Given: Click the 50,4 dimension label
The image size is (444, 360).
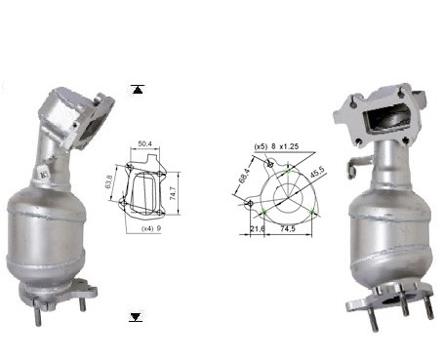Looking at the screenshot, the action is [145, 143].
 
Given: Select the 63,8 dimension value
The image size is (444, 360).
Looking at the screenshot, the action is [109, 182].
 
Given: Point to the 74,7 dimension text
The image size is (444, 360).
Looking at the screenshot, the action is [173, 193].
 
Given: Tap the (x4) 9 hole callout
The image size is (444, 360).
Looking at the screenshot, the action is [151, 228].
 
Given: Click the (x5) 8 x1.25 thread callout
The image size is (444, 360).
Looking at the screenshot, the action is [276, 146].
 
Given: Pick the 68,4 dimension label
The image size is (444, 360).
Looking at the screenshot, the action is [245, 176].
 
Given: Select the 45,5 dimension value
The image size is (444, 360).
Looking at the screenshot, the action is [316, 172].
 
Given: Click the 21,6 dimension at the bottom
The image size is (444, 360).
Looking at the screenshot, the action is [258, 228].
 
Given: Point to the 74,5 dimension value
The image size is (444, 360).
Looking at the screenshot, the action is [288, 228].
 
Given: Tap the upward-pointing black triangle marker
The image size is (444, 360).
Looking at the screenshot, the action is [138, 89].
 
